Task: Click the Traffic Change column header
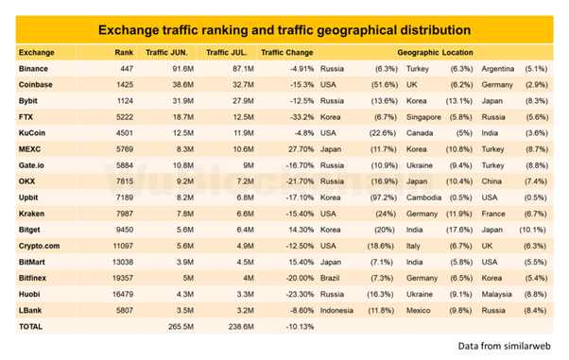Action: point(286,53)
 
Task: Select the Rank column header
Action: point(124,53)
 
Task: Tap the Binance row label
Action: point(33,69)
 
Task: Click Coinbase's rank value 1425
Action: point(125,84)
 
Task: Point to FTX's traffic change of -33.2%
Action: point(302,117)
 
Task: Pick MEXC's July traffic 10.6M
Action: point(243,149)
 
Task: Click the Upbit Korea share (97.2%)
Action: point(384,197)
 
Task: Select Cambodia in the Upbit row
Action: point(423,197)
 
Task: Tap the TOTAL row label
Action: point(30,327)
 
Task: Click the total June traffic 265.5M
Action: point(181,327)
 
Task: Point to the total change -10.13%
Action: point(300,327)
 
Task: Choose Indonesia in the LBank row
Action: point(336,310)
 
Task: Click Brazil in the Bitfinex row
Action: point(330,278)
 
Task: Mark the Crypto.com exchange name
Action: point(39,246)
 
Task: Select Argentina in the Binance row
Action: point(497,69)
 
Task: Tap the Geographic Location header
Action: point(435,53)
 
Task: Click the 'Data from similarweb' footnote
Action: point(504,346)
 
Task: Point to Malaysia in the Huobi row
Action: point(496,294)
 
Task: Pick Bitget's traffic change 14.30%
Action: point(302,230)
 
